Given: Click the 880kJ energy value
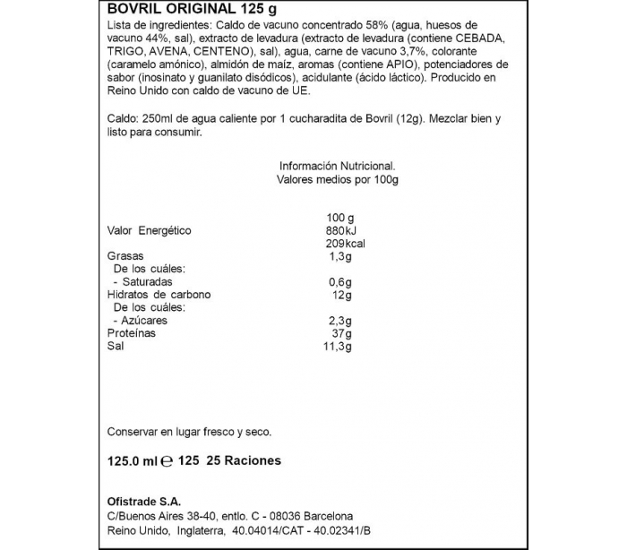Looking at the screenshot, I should tap(341, 230).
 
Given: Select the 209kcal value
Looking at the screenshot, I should tap(345, 244).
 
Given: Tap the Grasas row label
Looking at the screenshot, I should tap(126, 256).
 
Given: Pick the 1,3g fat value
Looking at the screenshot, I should tap(340, 256).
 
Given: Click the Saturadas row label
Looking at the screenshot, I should tap(148, 282).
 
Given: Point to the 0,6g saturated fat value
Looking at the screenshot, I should tap(340, 282).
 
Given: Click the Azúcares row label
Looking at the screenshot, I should tap(145, 321).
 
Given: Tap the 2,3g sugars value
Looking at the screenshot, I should tap(340, 321).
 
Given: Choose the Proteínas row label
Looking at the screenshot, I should tap(131, 333).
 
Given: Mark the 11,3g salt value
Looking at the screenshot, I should tap(339, 347).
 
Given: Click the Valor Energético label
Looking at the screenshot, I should tap(150, 230).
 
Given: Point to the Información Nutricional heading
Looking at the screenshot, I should tap(337, 166).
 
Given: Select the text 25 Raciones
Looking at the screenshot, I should tap(244, 461).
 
